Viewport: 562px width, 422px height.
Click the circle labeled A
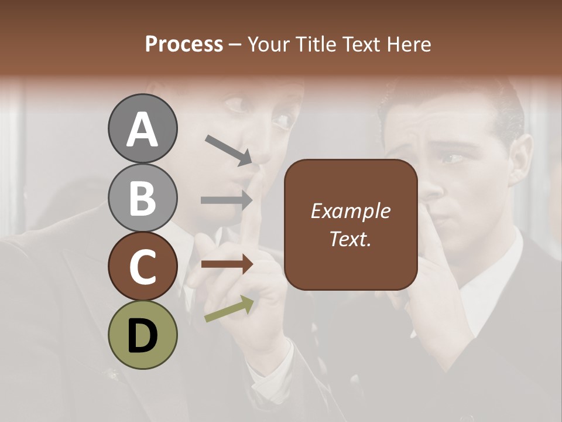[142, 129]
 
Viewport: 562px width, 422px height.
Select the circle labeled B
[142, 198]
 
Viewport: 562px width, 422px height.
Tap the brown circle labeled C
[142, 266]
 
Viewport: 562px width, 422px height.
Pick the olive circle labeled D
[142, 335]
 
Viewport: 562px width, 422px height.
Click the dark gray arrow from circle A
[228, 149]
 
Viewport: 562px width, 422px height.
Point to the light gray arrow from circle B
[227, 200]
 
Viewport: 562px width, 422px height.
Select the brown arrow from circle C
[227, 264]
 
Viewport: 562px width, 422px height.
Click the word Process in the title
[184, 44]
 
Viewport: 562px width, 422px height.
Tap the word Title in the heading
[317, 44]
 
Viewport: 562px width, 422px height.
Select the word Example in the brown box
[350, 211]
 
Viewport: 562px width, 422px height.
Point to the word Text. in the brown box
[350, 239]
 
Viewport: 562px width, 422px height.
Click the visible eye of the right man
[451, 158]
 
